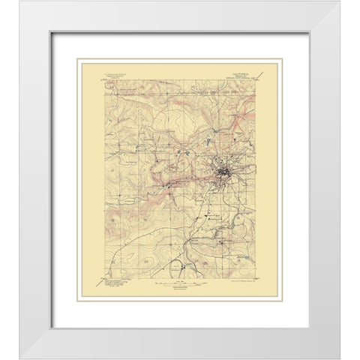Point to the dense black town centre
click(223, 176)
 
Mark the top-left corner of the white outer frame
click(20, 1)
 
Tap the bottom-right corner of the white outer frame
click(339, 358)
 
